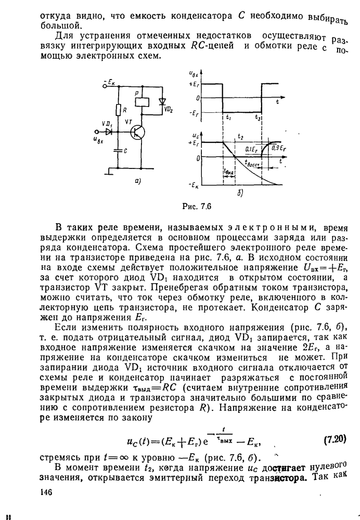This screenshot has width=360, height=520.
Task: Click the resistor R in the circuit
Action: [119, 110]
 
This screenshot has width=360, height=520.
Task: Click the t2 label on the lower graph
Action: [240, 136]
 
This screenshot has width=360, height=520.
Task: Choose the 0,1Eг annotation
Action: [253, 149]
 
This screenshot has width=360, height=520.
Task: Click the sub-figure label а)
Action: [137, 181]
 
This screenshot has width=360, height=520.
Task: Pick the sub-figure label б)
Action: [239, 193]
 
